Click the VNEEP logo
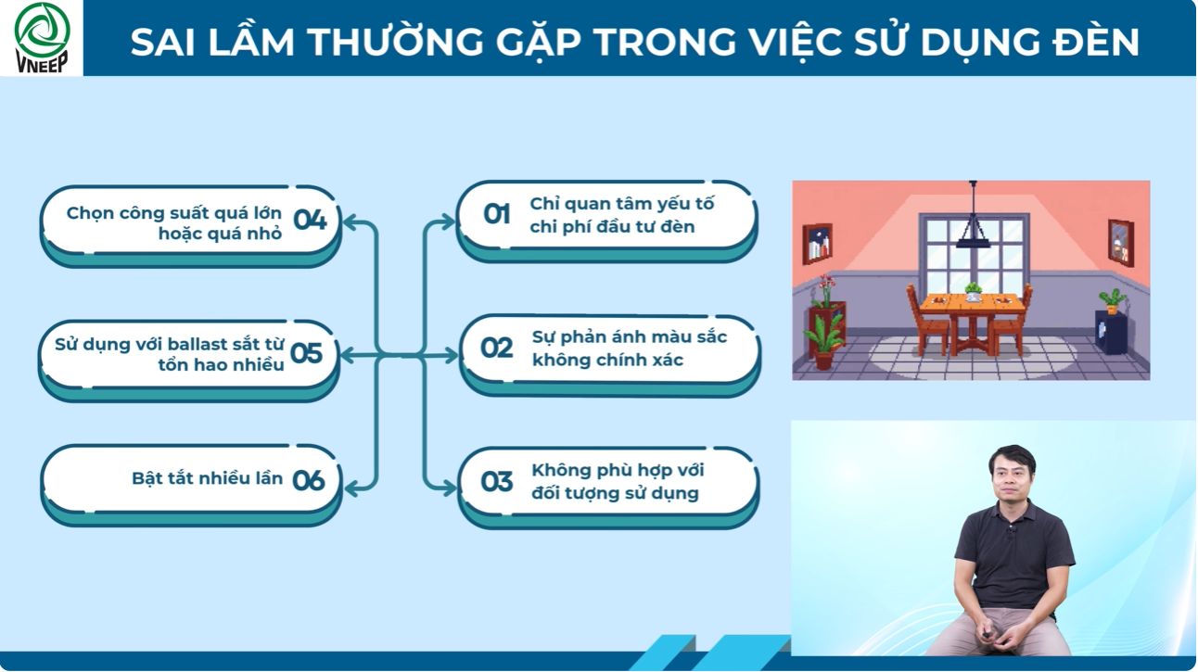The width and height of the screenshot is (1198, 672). click(x=42, y=37)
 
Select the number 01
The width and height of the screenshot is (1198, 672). click(x=496, y=214)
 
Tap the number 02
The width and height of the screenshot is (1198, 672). click(x=496, y=348)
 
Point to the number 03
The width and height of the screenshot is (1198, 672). click(x=497, y=481)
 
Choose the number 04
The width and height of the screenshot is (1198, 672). click(x=310, y=220)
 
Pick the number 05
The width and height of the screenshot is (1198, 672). click(x=306, y=353)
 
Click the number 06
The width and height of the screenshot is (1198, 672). click(x=309, y=480)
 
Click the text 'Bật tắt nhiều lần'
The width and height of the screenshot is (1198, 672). click(x=207, y=478)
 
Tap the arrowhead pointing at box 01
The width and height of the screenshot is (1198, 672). click(x=448, y=222)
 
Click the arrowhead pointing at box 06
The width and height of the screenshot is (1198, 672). click(x=351, y=488)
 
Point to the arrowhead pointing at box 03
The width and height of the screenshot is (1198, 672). click(x=448, y=487)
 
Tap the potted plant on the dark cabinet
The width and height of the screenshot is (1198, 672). click(x=1113, y=300)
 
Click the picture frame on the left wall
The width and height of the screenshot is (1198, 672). click(x=817, y=244)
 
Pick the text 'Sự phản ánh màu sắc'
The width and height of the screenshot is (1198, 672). click(x=629, y=337)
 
